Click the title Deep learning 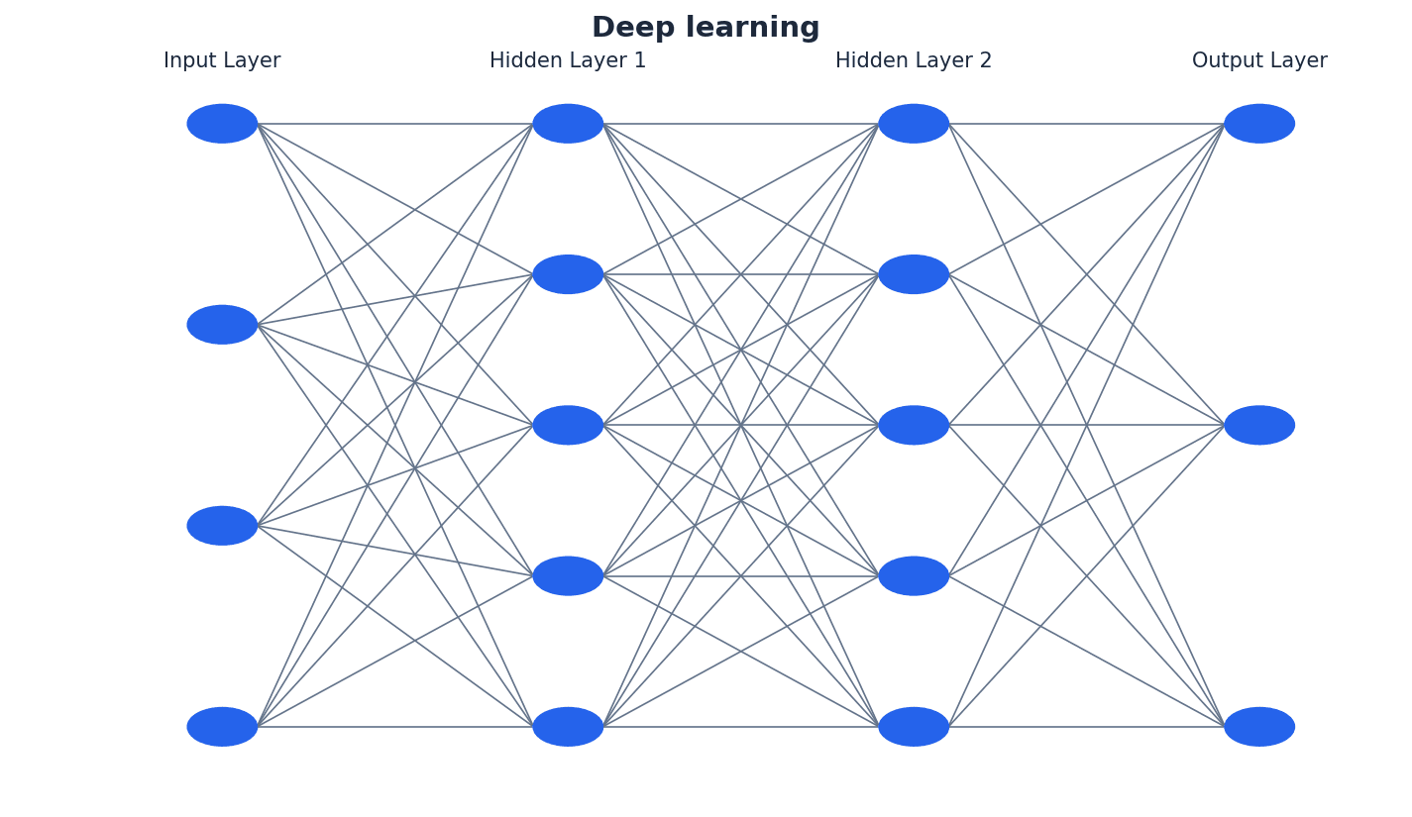[706, 28]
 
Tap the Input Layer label [222, 61]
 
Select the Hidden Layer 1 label [568, 61]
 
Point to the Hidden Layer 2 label [914, 61]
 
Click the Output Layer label [1259, 61]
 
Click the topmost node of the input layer [222, 124]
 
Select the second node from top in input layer [222, 325]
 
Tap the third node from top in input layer [222, 526]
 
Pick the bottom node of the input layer [222, 727]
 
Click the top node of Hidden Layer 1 [568, 124]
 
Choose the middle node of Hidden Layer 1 [568, 425]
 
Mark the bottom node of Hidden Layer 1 [568, 727]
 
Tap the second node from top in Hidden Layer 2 [914, 274]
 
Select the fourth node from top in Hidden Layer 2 [914, 576]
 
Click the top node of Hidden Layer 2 [914, 124]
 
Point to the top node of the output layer [1259, 124]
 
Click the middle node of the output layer [1259, 425]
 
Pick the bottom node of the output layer [1259, 727]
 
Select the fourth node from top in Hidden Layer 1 [568, 576]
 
